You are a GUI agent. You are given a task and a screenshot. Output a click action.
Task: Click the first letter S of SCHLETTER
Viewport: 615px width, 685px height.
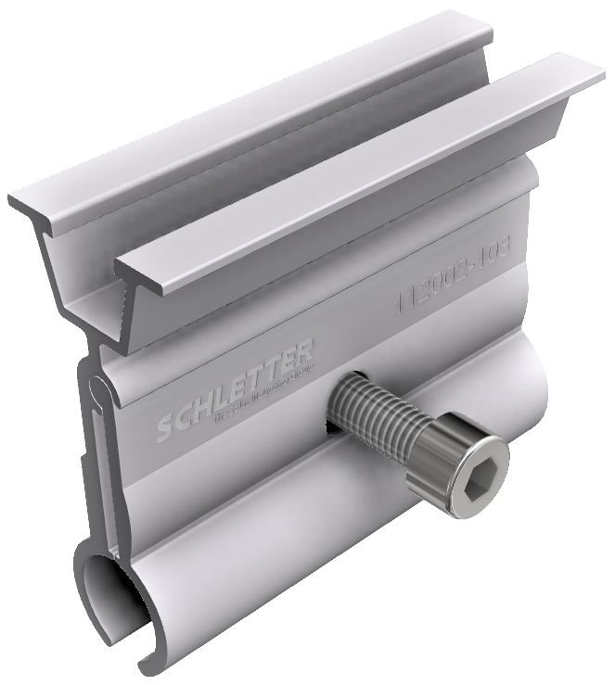pyautogui.click(x=163, y=429)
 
